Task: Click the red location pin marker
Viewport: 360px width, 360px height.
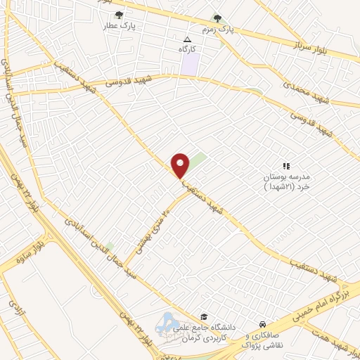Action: coord(181,165)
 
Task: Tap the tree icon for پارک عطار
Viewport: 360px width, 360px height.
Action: coord(118,15)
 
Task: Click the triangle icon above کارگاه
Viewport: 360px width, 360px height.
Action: coord(187,39)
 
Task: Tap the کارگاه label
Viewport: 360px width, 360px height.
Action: coord(188,50)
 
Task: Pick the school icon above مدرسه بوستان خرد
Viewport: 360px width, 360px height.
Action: coord(285,164)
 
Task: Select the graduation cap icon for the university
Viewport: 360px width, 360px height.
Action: coord(204,317)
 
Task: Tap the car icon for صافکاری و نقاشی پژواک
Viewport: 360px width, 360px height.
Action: coord(262,324)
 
